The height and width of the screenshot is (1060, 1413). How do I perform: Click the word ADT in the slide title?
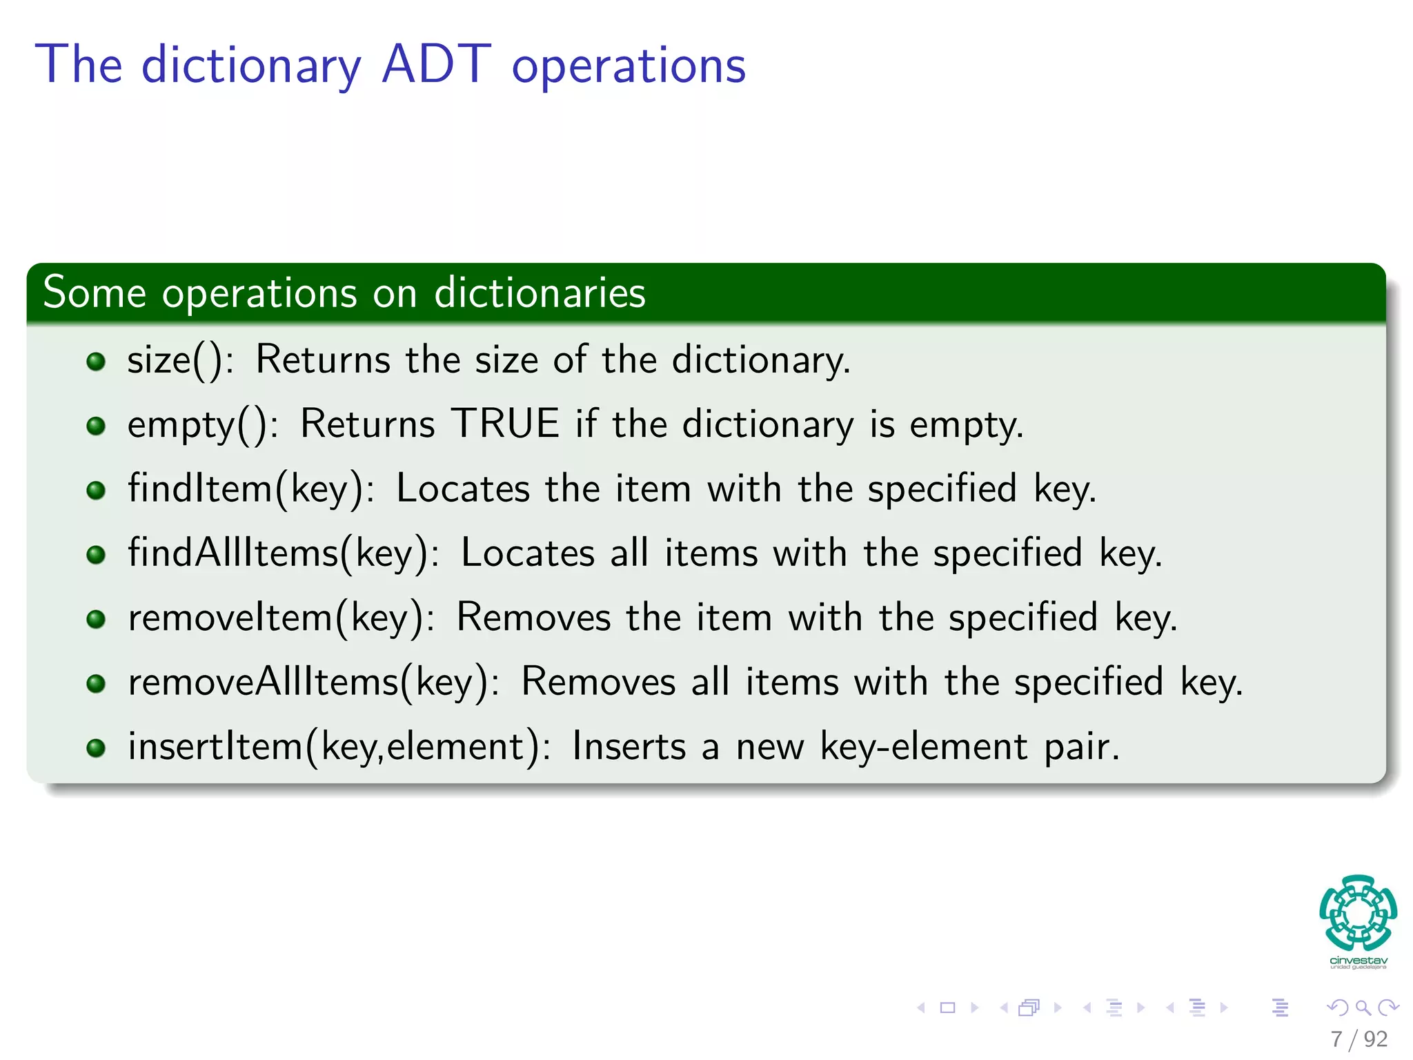[x=436, y=65]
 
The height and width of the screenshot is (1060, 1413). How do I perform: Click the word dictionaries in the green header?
[x=540, y=293]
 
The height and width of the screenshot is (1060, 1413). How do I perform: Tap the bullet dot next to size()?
[x=96, y=361]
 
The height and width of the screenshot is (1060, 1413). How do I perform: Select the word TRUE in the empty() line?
[x=505, y=424]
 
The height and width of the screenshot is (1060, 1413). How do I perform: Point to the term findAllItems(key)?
[x=282, y=553]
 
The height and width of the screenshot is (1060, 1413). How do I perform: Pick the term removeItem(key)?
[x=280, y=618]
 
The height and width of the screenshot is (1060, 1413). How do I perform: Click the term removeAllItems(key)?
[x=313, y=683]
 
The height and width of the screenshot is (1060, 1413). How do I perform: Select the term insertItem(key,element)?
[x=338, y=747]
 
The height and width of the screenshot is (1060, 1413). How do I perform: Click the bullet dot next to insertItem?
[x=96, y=748]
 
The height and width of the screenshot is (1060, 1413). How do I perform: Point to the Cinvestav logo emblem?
[x=1358, y=913]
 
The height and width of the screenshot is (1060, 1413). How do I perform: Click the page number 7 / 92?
[x=1358, y=1039]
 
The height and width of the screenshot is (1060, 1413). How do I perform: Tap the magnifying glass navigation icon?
[x=1363, y=1008]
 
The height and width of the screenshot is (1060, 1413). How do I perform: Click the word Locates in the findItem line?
[x=462, y=489]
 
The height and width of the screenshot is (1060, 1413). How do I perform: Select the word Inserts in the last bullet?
[x=629, y=747]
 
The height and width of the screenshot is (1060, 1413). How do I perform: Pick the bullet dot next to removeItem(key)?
[x=96, y=619]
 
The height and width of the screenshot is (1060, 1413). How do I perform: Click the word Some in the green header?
[x=95, y=293]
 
